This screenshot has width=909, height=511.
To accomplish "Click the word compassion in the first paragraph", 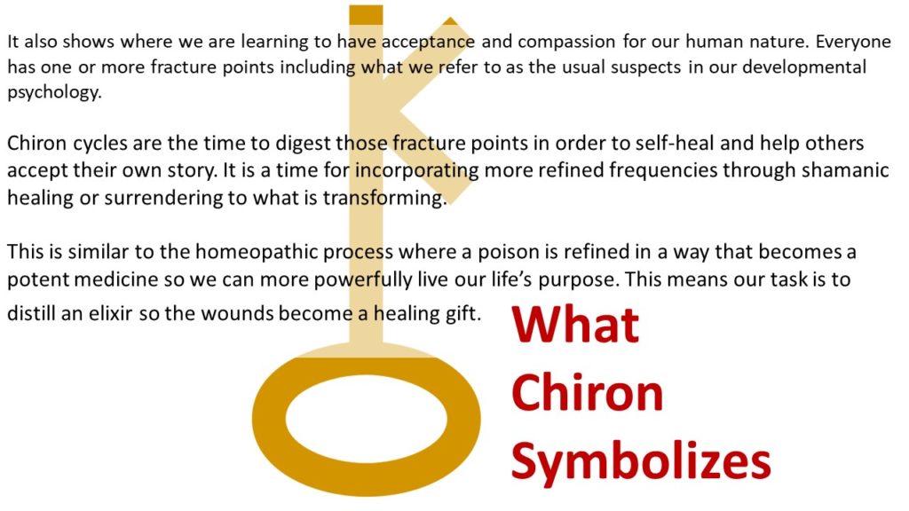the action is pyautogui.click(x=566, y=43).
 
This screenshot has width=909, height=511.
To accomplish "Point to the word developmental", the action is pyautogui.click(x=804, y=67).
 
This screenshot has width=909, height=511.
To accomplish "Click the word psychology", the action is pyautogui.click(x=54, y=92).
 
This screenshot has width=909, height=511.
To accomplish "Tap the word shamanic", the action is pyautogui.click(x=845, y=169).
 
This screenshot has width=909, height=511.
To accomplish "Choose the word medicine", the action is pyautogui.click(x=115, y=279).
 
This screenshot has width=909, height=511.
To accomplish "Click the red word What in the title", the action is pyautogui.click(x=575, y=325).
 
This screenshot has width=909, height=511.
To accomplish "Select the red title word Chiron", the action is pyautogui.click(x=588, y=392).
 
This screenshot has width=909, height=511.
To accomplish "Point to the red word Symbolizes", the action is pyautogui.click(x=641, y=461).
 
